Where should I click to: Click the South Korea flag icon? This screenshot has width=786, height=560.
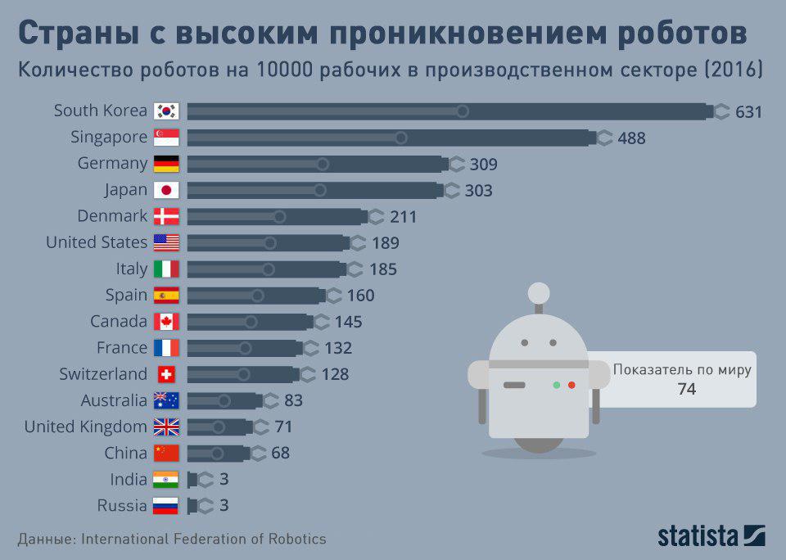pyautogui.click(x=166, y=111)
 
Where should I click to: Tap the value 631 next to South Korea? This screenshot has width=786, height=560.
pyautogui.click(x=748, y=111)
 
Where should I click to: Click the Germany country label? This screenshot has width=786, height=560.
pyautogui.click(x=112, y=163)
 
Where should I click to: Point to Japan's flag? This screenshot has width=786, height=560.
pyautogui.click(x=166, y=190)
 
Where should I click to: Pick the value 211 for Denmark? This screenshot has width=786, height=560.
pyautogui.click(x=404, y=216)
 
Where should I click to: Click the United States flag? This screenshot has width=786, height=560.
pyautogui.click(x=166, y=242)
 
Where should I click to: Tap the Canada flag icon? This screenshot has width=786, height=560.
pyautogui.click(x=166, y=321)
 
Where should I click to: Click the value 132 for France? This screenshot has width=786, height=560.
pyautogui.click(x=338, y=348)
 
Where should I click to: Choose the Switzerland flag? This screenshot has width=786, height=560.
pyautogui.click(x=166, y=374)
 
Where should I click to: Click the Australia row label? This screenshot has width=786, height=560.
pyautogui.click(x=114, y=400)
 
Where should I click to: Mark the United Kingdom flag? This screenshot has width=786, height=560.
pyautogui.click(x=166, y=427)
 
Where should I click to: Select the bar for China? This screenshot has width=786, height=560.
pyautogui.click(x=217, y=453)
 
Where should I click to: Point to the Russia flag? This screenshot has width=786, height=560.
pyautogui.click(x=166, y=505)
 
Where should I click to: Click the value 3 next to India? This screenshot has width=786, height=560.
pyautogui.click(x=224, y=479)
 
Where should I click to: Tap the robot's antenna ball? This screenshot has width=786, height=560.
pyautogui.click(x=539, y=292)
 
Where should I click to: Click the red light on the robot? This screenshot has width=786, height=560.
pyautogui.click(x=571, y=384)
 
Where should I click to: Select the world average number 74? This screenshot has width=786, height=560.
pyautogui.click(x=686, y=390)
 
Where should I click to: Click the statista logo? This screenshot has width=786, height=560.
pyautogui.click(x=711, y=536)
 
